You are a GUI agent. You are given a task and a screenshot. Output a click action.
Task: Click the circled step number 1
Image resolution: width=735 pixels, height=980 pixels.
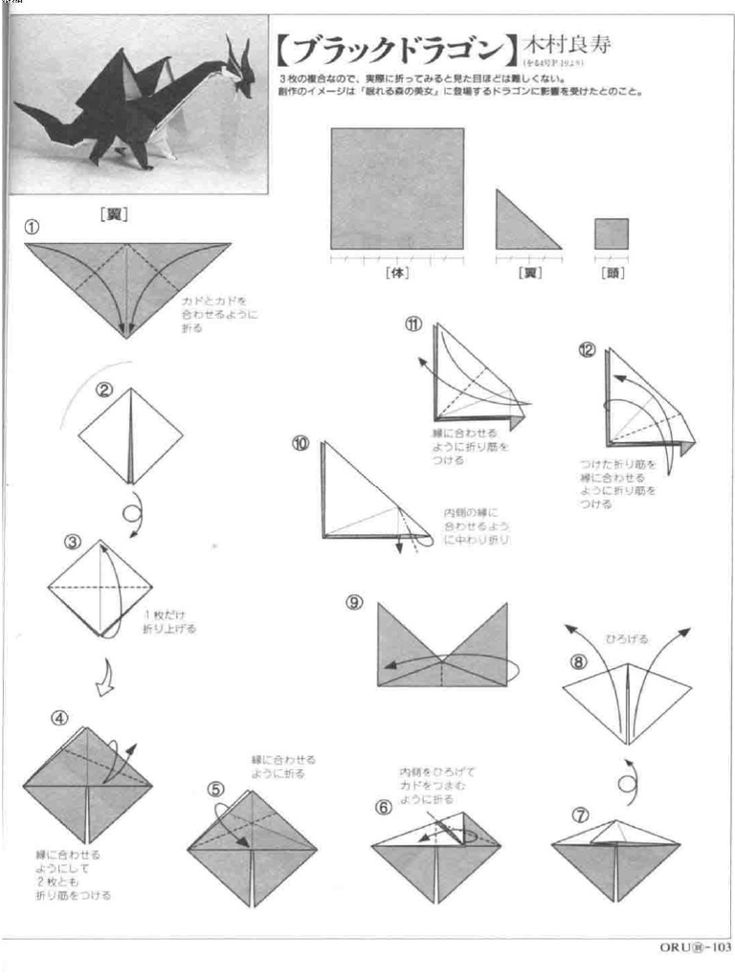32,228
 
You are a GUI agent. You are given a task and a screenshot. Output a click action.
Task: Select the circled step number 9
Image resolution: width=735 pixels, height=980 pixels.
354,602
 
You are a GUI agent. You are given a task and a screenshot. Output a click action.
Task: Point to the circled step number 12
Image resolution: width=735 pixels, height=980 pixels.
586,350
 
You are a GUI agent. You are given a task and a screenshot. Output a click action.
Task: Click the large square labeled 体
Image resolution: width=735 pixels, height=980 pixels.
397,188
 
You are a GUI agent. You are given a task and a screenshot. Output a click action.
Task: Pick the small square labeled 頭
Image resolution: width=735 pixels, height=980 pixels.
612,234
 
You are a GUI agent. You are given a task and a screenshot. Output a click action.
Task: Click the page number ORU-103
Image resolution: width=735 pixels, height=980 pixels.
695,947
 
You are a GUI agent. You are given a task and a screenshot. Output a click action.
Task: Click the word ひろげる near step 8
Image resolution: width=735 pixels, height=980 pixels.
627,639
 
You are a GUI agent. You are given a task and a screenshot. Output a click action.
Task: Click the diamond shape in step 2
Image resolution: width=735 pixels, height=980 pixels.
130,435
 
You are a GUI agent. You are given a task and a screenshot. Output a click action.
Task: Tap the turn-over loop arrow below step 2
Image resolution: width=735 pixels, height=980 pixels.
131,507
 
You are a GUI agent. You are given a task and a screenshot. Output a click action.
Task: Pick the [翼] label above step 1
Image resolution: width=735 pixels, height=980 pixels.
114,215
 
